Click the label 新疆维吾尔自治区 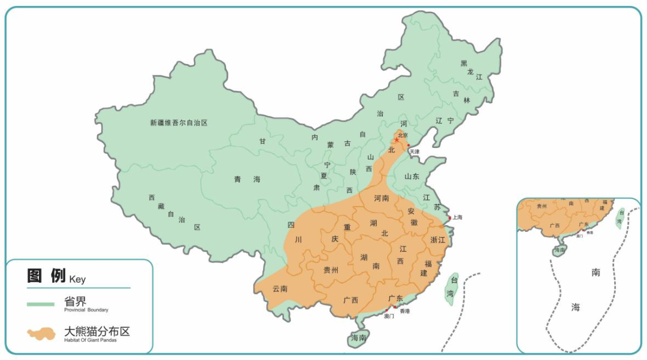pyautogui.click(x=179, y=123)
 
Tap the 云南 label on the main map pyautogui.click(x=280, y=289)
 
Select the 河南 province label pyautogui.click(x=382, y=198)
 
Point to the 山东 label pyautogui.click(x=412, y=177)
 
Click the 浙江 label pyautogui.click(x=438, y=240)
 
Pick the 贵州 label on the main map pyautogui.click(x=331, y=270)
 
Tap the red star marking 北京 pyautogui.click(x=397, y=140)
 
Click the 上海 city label pyautogui.click(x=457, y=217)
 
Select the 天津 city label pyautogui.click(x=415, y=152)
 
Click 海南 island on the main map pyautogui.click(x=358, y=338)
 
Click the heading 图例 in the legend pyautogui.click(x=47, y=276)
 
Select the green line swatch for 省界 pyautogui.click(x=41, y=304)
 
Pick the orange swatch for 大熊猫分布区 pyautogui.click(x=41, y=333)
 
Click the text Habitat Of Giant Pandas pyautogui.click(x=90, y=340)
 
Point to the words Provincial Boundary pyautogui.click(x=86, y=310)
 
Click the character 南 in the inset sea pyautogui.click(x=595, y=273)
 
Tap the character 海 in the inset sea pyautogui.click(x=576, y=307)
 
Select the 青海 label pyautogui.click(x=247, y=179)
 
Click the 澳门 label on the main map pyautogui.click(x=389, y=316)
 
